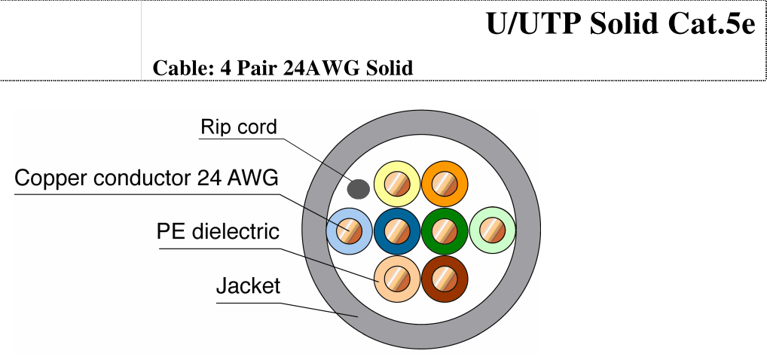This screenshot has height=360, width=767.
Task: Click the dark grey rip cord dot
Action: (x=358, y=189)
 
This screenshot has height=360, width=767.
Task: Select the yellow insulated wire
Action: (x=397, y=184)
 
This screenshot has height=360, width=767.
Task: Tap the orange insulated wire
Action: (x=445, y=184)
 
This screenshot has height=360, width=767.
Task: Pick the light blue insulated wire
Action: (x=350, y=231)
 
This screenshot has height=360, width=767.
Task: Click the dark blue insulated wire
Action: (x=397, y=231)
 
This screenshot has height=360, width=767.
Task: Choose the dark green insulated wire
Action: (x=445, y=231)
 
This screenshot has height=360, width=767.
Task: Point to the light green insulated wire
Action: (x=492, y=230)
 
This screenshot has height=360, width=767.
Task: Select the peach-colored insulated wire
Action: (x=397, y=279)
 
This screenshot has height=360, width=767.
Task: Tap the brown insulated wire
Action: (x=445, y=279)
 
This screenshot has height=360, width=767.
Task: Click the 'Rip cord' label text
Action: (x=239, y=127)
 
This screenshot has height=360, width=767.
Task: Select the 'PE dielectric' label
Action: (x=218, y=231)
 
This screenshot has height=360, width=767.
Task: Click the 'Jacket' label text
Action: (x=248, y=285)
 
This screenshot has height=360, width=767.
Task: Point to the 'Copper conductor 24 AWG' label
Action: (x=146, y=178)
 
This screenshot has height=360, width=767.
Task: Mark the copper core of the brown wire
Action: (x=445, y=279)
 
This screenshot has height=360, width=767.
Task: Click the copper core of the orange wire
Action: (x=445, y=184)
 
